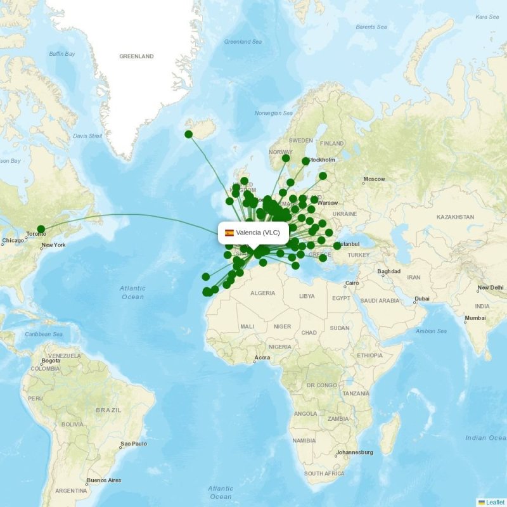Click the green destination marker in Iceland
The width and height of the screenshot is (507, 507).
(188, 134)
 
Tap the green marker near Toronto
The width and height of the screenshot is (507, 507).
(41, 229)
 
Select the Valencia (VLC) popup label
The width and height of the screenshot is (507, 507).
(253, 233)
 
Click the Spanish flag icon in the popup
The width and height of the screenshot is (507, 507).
(229, 233)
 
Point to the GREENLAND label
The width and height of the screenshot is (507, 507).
(136, 56)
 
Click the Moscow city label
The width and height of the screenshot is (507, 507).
(374, 179)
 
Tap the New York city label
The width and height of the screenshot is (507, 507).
(53, 245)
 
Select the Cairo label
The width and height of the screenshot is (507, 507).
(352, 283)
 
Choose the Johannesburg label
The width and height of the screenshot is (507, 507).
(355, 452)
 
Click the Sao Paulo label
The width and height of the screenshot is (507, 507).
(134, 444)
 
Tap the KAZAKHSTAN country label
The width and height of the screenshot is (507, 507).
(455, 217)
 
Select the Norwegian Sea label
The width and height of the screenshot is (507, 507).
(273, 113)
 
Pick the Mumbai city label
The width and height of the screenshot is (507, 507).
(475, 318)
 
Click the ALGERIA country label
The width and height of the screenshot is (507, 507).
(262, 293)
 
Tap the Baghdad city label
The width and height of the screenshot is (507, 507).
(388, 272)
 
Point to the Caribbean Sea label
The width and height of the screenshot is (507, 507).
(44, 334)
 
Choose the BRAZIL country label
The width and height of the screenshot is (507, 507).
(108, 410)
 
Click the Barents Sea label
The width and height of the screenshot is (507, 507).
(371, 27)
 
